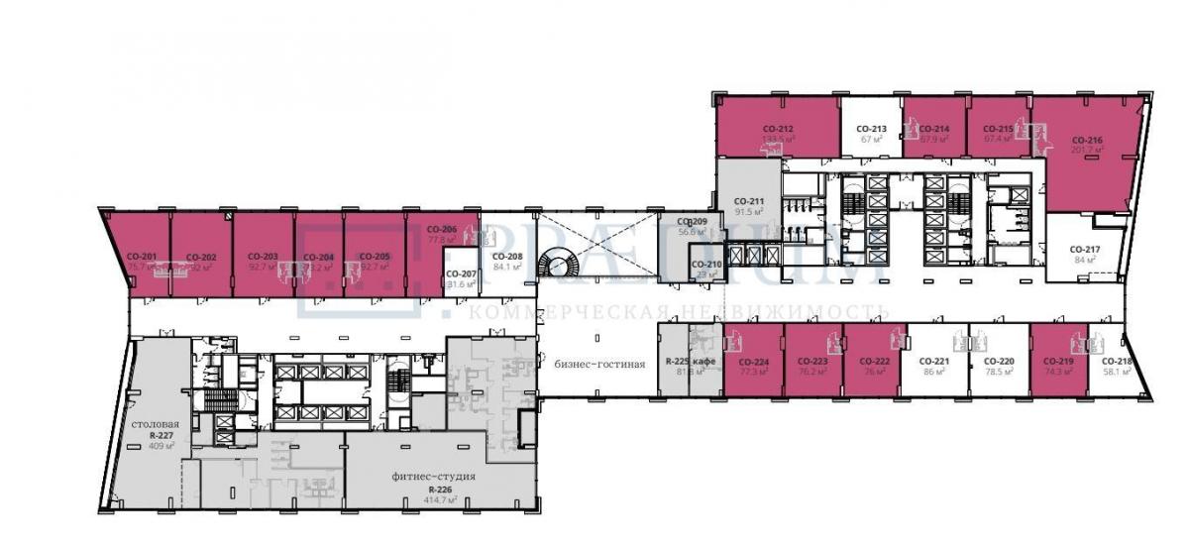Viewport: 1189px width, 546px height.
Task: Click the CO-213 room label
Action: tap(872, 129)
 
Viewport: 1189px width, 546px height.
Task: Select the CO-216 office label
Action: tap(1087, 141)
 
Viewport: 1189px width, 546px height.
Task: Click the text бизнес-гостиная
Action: tap(600, 364)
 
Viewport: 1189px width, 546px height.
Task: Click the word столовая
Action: tap(155, 423)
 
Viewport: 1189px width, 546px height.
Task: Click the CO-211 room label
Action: tap(749, 200)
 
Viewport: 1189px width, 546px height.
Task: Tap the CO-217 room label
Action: tap(1087, 249)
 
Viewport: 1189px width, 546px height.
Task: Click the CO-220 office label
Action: tap(999, 362)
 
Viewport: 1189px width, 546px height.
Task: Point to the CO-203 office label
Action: tap(263, 257)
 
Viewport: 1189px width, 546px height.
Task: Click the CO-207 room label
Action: tap(461, 273)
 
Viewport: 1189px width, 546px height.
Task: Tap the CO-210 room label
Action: tap(706, 264)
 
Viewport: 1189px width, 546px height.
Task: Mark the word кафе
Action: tap(704, 362)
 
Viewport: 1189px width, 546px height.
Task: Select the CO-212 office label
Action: tap(778, 129)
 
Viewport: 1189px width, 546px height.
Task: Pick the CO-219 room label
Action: tap(1059, 362)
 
